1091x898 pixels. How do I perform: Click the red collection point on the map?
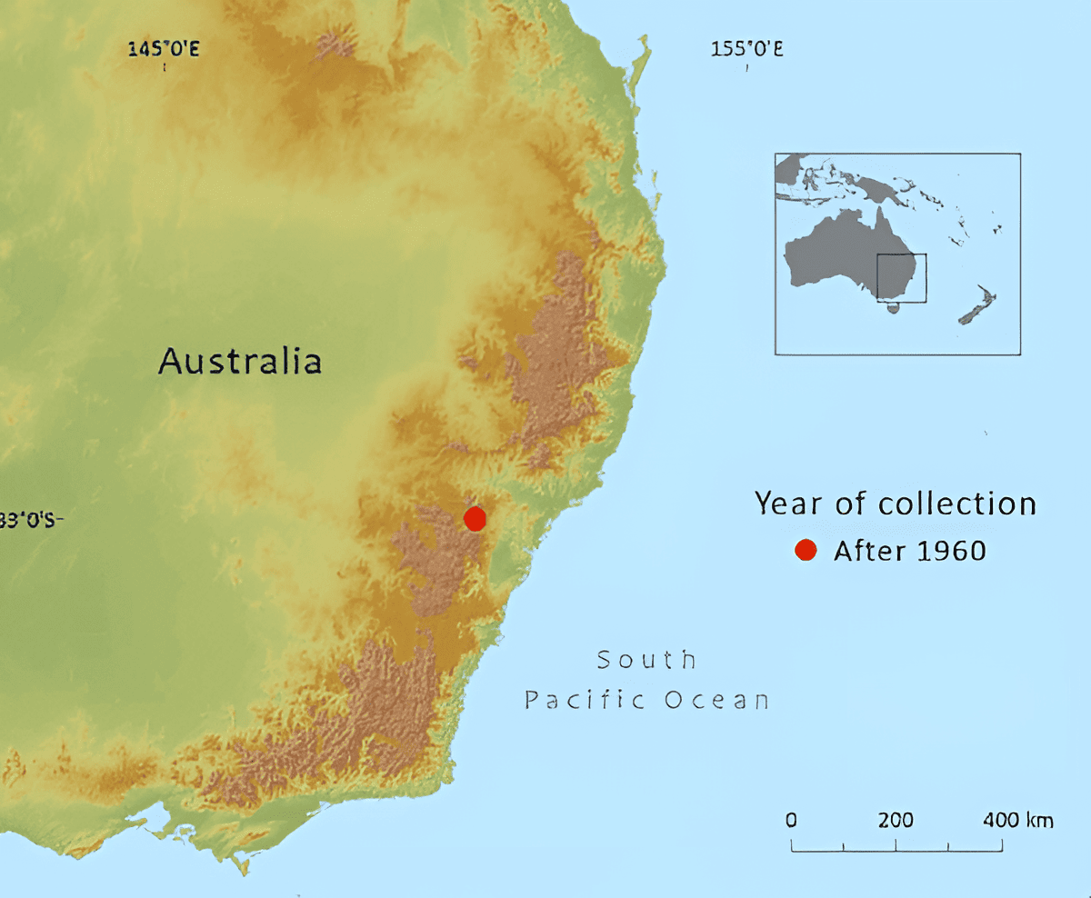475,518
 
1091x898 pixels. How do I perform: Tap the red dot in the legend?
805,550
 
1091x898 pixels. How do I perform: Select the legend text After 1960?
909,551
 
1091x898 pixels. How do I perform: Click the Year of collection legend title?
896,504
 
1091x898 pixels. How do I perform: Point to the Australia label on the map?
240,361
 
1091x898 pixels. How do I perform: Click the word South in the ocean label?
646,659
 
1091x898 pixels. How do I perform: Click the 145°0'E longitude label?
164,48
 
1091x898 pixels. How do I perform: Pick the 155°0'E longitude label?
746,48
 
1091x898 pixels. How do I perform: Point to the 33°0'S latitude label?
31,520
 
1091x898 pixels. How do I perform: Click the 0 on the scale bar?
791,820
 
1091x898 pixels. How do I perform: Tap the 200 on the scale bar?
896,820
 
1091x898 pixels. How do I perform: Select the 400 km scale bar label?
1017,820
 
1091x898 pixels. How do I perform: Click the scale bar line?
896,851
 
